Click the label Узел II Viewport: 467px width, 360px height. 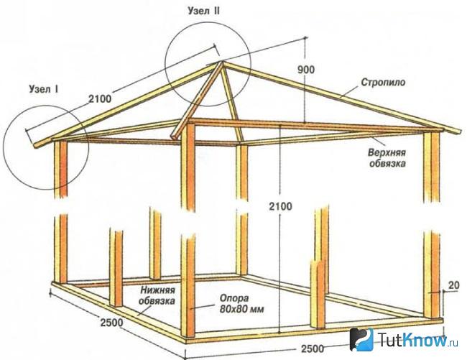[204, 11]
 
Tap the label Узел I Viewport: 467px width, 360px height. [44, 88]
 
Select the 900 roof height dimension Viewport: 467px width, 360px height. [306, 70]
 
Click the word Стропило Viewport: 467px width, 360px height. [383, 82]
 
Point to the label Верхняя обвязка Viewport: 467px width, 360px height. [387, 158]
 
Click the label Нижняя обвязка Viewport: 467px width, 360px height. [157, 295]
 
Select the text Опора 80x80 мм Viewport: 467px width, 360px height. [242, 303]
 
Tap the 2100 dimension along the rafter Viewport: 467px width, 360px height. [100, 98]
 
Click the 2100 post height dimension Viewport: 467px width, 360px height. [280, 206]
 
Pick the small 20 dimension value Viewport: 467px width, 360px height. [453, 285]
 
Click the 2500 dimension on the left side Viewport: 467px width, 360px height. [111, 322]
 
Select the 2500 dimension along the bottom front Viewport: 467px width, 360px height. [313, 349]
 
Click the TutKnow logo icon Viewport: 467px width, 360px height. [361, 339]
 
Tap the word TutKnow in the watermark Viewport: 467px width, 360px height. [412, 339]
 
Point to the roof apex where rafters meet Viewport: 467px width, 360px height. [221, 63]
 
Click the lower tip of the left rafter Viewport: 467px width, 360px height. [35, 146]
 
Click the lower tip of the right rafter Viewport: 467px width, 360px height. [459, 132]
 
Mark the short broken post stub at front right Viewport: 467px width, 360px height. [318, 294]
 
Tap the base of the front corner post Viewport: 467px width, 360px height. [188, 336]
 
